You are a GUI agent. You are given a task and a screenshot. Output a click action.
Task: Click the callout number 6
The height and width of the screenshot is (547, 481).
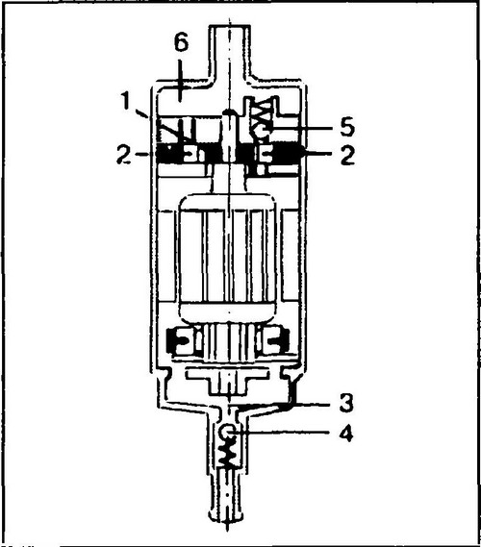coord(181,43)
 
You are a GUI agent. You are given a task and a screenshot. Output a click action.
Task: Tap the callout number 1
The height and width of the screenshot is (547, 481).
coord(125,101)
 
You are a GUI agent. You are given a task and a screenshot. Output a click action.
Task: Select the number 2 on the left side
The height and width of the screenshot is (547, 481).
coord(125,155)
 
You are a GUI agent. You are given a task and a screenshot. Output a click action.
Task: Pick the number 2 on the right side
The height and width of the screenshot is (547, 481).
coord(347,155)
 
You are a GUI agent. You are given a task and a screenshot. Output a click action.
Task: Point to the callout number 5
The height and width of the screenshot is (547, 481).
coord(347,127)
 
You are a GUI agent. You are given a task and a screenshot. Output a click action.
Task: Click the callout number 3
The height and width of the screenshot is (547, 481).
coord(346,402)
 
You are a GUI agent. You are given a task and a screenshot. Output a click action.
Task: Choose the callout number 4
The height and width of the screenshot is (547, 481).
coord(346,434)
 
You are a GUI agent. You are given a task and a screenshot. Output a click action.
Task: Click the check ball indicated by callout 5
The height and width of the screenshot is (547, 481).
coord(262,130)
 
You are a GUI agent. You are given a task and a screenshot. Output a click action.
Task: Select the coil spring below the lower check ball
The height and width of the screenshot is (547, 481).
coord(228,453)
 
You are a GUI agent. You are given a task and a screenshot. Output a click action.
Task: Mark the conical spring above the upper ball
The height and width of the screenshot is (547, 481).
coord(263,111)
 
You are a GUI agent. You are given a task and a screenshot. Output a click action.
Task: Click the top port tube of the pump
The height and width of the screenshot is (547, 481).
coord(229,52)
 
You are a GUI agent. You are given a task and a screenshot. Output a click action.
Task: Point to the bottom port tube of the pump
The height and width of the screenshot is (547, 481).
coord(228,495)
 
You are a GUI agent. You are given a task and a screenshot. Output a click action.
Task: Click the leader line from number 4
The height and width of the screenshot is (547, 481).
coord(282,433)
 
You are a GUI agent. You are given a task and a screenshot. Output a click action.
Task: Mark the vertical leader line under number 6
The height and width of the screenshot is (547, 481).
coord(180,81)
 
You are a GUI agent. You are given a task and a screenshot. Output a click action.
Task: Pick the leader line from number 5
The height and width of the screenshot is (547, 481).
coord(299,128)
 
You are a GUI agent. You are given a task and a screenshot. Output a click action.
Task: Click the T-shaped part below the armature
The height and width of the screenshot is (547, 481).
coord(228,382)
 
